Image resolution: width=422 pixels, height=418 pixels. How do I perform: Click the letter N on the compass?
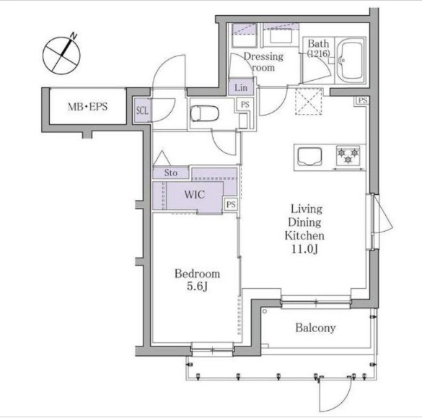pos(74,35)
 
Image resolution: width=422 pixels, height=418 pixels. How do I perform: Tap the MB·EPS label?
pos(88,107)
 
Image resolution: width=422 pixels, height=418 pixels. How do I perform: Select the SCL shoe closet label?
pos(142,110)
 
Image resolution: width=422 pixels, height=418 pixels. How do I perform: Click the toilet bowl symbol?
pos(205,113)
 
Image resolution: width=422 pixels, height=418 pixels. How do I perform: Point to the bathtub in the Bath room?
pos(351,61)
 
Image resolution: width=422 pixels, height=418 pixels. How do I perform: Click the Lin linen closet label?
pos(241,87)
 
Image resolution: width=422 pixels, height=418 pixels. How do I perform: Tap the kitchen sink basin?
pos(309,156)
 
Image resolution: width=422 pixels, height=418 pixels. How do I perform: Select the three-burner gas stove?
pos(348,156)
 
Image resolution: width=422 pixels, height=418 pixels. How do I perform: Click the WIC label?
pos(195,194)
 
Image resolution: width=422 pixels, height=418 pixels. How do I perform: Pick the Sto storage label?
pos(171,173)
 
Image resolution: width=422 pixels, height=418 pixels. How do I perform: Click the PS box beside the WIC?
pos(231,204)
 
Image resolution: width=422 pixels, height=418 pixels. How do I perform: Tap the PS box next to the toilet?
pos(245,104)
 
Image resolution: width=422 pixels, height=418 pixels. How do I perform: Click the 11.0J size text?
pos(304,249)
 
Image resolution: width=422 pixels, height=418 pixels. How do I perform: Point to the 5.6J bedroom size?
pos(197,287)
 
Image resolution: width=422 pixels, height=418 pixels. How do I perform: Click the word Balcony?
pos(315,328)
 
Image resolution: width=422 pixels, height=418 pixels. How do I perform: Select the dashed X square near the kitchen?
pos(309,101)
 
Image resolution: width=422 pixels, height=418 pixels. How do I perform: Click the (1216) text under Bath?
pos(319,53)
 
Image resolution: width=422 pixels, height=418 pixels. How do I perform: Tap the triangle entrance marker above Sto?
pos(162,158)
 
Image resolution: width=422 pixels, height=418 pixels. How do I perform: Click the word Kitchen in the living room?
pos(304,235)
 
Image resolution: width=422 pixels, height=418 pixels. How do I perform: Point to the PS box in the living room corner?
pos(363,100)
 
